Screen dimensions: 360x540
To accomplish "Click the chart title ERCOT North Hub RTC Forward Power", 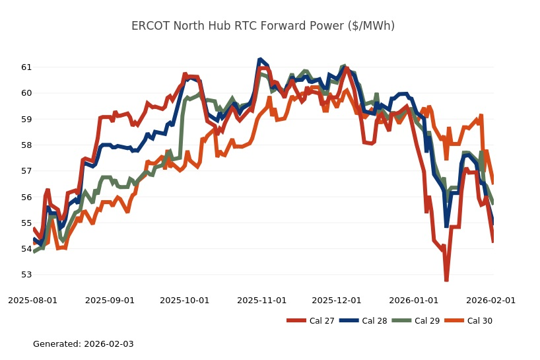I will [263, 26].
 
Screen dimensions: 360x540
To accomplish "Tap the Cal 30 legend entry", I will [468, 321].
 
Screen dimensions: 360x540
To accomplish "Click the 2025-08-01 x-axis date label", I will [32, 300].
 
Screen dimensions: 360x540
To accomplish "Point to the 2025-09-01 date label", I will [110, 300].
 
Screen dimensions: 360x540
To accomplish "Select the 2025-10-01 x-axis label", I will [185, 300].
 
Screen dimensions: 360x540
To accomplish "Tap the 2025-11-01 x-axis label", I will [262, 300].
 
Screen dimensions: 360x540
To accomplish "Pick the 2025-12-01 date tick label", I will [337, 300].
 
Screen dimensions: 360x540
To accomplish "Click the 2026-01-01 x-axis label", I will [414, 300].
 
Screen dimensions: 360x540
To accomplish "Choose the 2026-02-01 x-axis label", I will [490, 300].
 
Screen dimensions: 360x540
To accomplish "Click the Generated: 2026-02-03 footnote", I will [83, 343].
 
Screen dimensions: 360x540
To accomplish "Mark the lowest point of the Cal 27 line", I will [446, 280].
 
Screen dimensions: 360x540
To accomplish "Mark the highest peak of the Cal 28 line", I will [260, 59].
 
